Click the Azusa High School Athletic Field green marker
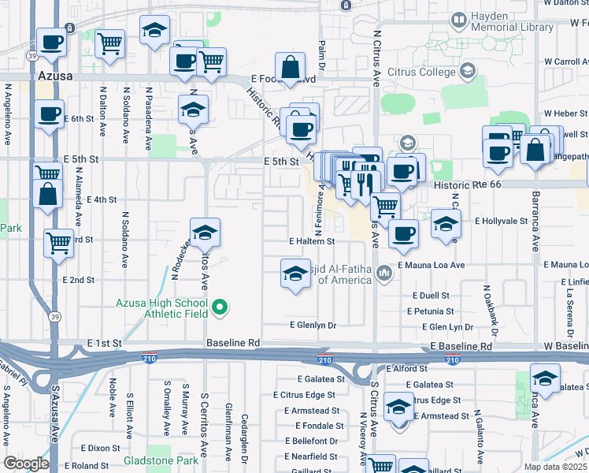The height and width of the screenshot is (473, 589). point(220,307)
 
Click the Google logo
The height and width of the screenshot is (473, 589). point(26,464)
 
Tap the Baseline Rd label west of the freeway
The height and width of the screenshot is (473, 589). point(233,343)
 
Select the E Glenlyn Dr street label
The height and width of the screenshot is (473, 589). point(313,325)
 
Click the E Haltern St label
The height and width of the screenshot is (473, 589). point(312,241)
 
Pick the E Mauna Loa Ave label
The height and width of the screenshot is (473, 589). point(432,266)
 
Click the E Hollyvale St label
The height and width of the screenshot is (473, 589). point(500,222)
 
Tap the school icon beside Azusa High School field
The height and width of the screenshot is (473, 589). point(205,233)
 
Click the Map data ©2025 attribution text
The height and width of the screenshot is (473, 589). point(556,467)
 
